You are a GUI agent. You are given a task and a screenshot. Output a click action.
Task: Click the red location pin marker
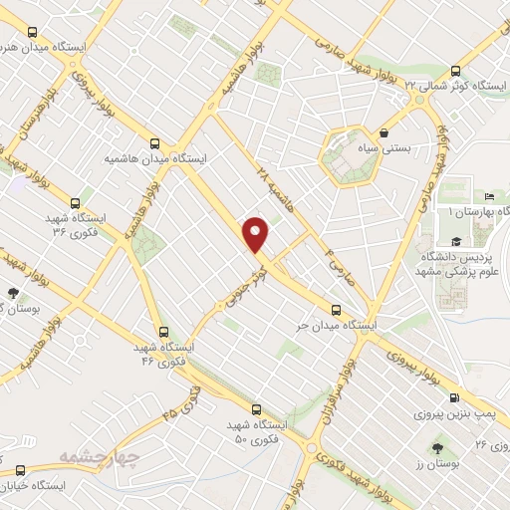click(x=257, y=235)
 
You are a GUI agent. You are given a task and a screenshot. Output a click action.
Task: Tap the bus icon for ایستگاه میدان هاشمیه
click(x=154, y=142)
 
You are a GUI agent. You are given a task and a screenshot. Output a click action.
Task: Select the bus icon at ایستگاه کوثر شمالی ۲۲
click(x=455, y=71)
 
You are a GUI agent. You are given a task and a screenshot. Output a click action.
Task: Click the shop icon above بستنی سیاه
click(x=383, y=131)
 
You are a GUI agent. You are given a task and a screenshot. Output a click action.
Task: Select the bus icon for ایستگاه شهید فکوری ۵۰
click(x=256, y=408)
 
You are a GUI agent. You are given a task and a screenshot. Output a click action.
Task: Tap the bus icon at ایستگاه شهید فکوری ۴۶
click(x=163, y=332)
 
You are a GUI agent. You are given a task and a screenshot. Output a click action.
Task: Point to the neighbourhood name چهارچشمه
click(x=68, y=457)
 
